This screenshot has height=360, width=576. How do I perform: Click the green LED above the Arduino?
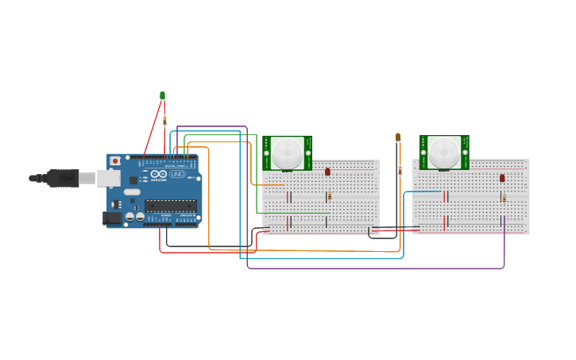click(x=163, y=95)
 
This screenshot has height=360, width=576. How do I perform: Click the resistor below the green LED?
click(x=164, y=121)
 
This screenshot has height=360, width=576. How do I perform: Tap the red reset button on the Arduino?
click(x=115, y=161)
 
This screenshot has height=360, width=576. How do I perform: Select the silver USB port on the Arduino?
click(x=108, y=179)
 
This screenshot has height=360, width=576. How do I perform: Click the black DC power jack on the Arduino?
click(x=111, y=217)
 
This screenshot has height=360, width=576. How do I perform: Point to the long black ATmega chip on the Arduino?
click(x=170, y=206)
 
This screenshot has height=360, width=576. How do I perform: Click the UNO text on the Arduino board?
click(x=177, y=174)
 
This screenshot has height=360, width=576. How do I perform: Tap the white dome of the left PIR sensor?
click(x=287, y=153)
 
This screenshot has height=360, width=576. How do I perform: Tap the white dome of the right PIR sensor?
click(x=445, y=152)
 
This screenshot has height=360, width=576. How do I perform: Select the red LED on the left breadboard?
click(x=327, y=172)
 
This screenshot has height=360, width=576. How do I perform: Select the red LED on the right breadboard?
click(x=502, y=178)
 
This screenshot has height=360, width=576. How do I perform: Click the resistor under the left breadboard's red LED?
click(x=329, y=195)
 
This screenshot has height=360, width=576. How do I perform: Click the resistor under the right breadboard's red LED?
click(x=504, y=198)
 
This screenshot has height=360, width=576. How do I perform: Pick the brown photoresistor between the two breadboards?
click(x=398, y=137)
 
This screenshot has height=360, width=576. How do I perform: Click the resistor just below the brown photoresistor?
click(x=400, y=170)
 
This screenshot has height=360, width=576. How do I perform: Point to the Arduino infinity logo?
click(x=159, y=174)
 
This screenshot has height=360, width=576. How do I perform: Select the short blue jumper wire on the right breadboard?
click(x=429, y=192)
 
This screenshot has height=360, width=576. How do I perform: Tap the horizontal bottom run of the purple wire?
click(x=373, y=269)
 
